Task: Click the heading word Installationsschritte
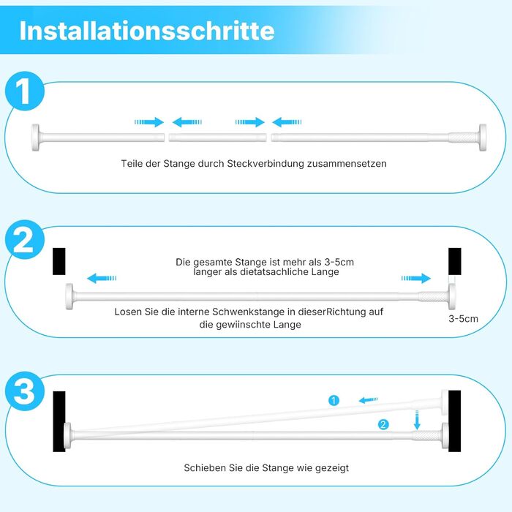click(147, 31)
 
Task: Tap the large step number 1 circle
click(25, 91)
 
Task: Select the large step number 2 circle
click(25, 240)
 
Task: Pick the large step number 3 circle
click(25, 391)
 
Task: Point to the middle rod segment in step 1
click(217, 138)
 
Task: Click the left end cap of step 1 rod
click(35, 138)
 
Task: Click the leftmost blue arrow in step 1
click(149, 122)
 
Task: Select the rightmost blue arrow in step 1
click(287, 122)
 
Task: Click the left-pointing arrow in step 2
click(102, 279)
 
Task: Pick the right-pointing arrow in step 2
click(416, 278)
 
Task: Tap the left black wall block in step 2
click(59, 261)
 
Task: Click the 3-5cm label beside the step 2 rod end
click(463, 319)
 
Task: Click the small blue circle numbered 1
click(334, 400)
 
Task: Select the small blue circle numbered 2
click(383, 424)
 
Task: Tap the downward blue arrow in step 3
click(417, 420)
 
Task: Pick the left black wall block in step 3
click(59, 421)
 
